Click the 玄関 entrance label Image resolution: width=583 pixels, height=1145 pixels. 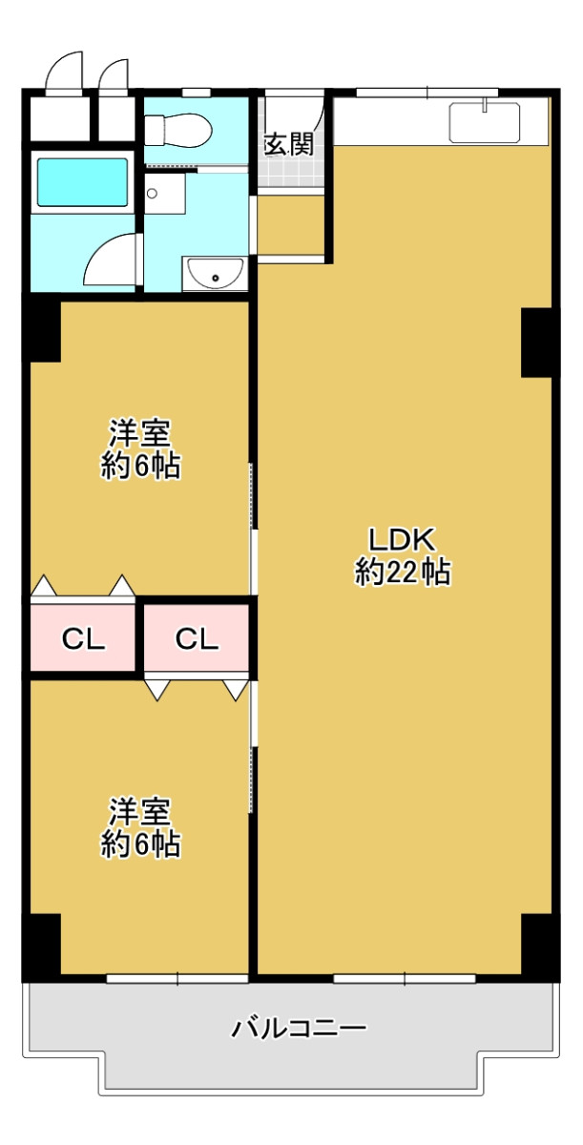288,145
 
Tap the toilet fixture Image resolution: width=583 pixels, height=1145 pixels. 177,130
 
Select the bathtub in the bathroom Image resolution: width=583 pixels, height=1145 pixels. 82,182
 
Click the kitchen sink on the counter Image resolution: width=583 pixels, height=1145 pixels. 485,122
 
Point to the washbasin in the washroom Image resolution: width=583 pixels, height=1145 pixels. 215,273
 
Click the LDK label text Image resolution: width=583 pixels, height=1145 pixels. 402,539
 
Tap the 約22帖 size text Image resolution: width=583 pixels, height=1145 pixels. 403,572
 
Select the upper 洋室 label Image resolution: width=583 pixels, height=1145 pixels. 139,433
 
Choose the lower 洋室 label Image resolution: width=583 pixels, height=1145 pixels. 139,811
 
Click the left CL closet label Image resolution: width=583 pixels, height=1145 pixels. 83,639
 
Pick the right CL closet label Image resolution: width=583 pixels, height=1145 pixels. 197,639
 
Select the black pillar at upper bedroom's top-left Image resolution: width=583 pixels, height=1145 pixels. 41,331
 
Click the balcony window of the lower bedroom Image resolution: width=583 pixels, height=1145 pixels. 177,978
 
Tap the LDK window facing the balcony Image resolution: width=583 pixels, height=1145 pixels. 405,978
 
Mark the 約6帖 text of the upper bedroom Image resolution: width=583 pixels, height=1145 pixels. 140,467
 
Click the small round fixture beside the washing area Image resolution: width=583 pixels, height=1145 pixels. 152,193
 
